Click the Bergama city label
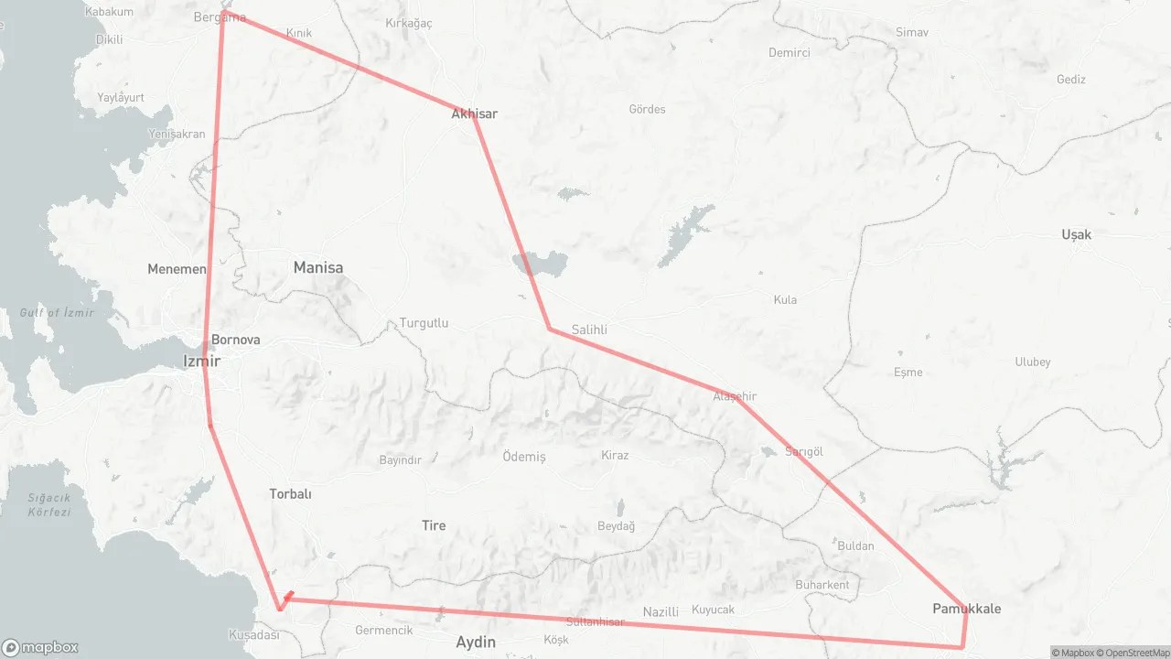(x=220, y=16)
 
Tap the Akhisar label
(x=474, y=113)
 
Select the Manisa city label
(x=317, y=267)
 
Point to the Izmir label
(x=201, y=361)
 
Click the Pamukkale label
(x=966, y=609)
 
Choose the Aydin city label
(x=476, y=642)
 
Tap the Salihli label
(x=589, y=329)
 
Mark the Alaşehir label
(x=735, y=396)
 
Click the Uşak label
(x=1076, y=234)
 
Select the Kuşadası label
(x=252, y=634)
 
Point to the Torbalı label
(x=290, y=493)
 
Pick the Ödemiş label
(x=524, y=456)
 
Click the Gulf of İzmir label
(x=57, y=313)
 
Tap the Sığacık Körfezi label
(x=48, y=504)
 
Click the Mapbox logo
(x=40, y=647)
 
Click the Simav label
(x=911, y=32)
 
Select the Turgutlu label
(x=424, y=323)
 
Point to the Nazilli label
(x=661, y=611)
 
